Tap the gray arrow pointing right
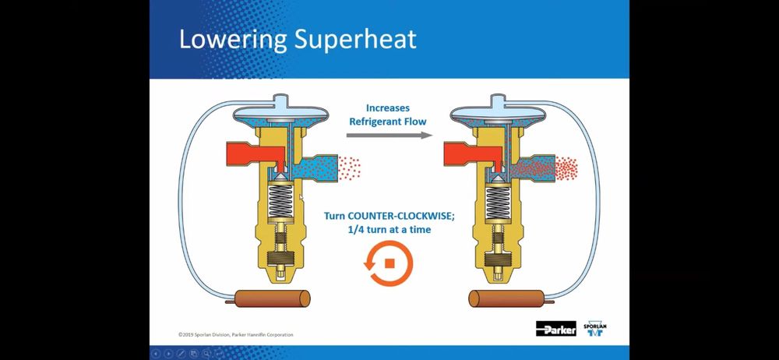(x=389, y=136)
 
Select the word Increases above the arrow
(x=389, y=108)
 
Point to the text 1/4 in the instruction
(x=357, y=230)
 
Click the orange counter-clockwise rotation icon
(x=389, y=263)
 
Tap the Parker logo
(x=556, y=328)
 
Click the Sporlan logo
(x=595, y=328)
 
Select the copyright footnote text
(x=236, y=334)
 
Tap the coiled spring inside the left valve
(x=280, y=202)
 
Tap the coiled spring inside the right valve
(x=499, y=202)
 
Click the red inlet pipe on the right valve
(x=466, y=154)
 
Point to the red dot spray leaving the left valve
(x=349, y=168)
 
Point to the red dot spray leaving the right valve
(x=566, y=168)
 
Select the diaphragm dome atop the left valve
(x=280, y=112)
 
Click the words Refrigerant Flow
(x=389, y=122)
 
